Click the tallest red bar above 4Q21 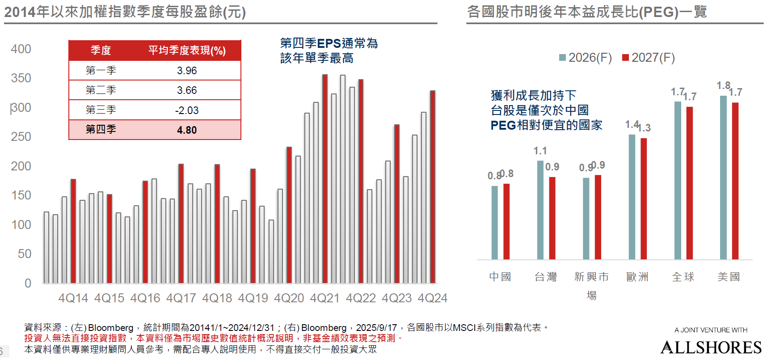[x=325, y=179]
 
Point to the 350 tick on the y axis [x=21, y=78]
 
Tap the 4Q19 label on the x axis [x=253, y=298]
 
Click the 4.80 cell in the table [x=187, y=130]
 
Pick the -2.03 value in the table [x=187, y=110]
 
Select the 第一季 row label [x=101, y=71]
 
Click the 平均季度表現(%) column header [x=187, y=51]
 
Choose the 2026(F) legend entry [x=586, y=58]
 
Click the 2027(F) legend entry [x=649, y=58]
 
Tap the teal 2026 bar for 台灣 [x=540, y=210]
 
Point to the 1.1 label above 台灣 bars [x=540, y=151]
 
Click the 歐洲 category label [x=637, y=277]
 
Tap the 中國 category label [x=500, y=277]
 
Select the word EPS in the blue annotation [x=329, y=43]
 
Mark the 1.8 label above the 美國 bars [x=723, y=85]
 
